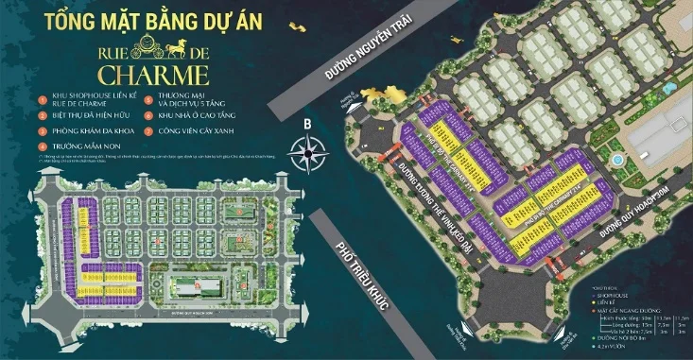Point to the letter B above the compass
(x=306, y=121)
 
